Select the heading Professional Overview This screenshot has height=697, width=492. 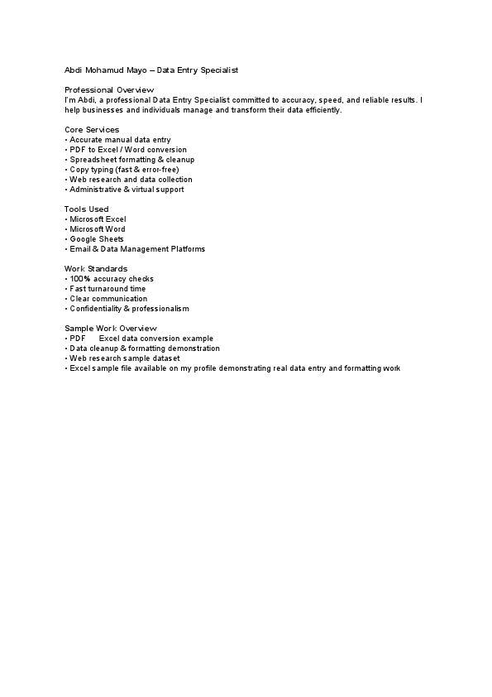[x=109, y=90]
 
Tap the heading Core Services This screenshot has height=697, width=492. [x=92, y=130]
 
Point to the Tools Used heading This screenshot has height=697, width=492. [x=87, y=209]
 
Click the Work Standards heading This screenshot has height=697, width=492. [x=96, y=269]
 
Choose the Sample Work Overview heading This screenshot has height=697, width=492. [x=110, y=329]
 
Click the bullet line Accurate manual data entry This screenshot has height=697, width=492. [x=120, y=140]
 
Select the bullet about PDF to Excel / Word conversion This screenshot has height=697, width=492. [x=128, y=150]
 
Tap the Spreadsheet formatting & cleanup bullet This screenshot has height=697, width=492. [x=131, y=160]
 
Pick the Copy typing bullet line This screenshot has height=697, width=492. [x=123, y=170]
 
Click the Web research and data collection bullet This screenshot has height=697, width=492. [x=131, y=180]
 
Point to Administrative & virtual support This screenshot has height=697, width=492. [x=127, y=190]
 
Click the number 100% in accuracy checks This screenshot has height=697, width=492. [x=80, y=279]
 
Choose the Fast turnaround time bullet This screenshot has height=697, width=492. [x=107, y=289]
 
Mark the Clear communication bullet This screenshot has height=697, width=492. [x=108, y=299]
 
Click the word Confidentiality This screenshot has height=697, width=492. [x=95, y=309]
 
